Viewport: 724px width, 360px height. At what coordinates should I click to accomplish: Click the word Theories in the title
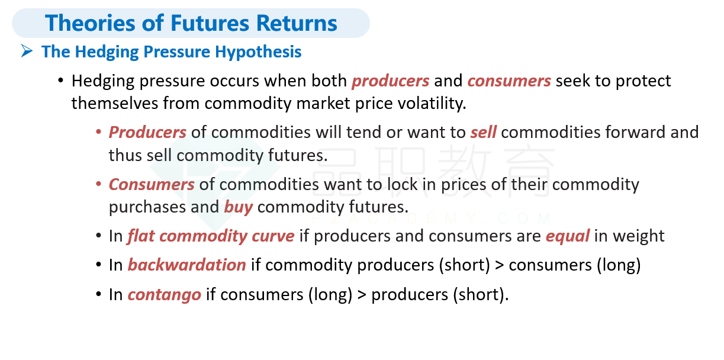pos(90,23)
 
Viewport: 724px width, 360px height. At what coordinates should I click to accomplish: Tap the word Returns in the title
pos(297,23)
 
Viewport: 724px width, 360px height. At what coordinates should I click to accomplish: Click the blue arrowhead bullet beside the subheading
pos(27,51)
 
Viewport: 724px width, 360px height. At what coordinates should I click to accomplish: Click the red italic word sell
pos(483,132)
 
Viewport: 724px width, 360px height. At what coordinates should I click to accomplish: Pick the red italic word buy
pos(239,207)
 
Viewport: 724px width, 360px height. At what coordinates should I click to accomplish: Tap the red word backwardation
pos(187,265)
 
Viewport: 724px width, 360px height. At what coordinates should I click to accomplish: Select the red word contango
pos(165,295)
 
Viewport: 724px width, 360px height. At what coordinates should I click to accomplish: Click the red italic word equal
pos(568,236)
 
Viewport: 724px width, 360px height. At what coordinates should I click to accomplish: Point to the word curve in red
pos(273,236)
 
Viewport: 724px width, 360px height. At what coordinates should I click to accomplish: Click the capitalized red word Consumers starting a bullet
pos(152,185)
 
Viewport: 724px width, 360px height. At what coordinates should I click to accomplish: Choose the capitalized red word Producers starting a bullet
pos(147,132)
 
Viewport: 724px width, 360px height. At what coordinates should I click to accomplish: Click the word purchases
pos(147,207)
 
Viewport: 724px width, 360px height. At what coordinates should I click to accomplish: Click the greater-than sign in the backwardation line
pos(500,266)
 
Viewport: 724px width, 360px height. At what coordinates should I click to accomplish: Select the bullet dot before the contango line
pos(99,294)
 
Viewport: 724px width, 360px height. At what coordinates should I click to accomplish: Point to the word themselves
pos(115,104)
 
